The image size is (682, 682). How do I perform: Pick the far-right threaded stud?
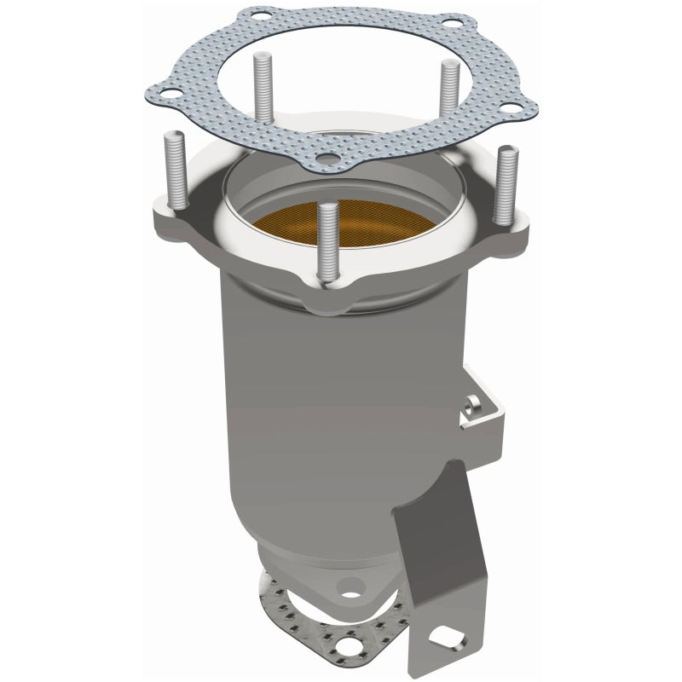pyautogui.click(x=504, y=183)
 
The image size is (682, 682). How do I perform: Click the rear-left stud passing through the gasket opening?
pyautogui.click(x=256, y=85)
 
